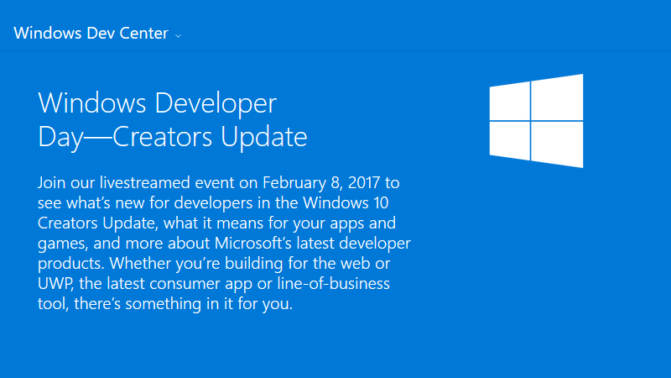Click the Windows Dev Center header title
pyautogui.click(x=91, y=34)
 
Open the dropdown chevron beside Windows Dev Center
pyautogui.click(x=178, y=36)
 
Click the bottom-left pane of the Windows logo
pyautogui.click(x=508, y=138)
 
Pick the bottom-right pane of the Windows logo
pyautogui.click(x=557, y=144)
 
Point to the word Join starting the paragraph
pyautogui.click(x=52, y=182)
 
